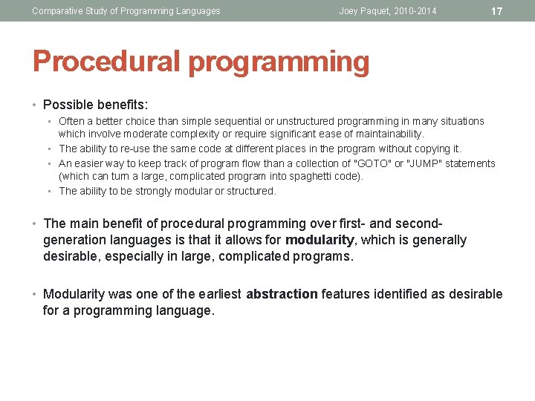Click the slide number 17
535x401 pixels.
pyautogui.click(x=497, y=11)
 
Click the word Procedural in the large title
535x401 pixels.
pyautogui.click(x=106, y=62)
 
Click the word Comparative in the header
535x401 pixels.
pyautogui.click(x=58, y=11)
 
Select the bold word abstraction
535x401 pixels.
pyautogui.click(x=282, y=294)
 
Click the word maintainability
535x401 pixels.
pyautogui.click(x=385, y=134)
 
